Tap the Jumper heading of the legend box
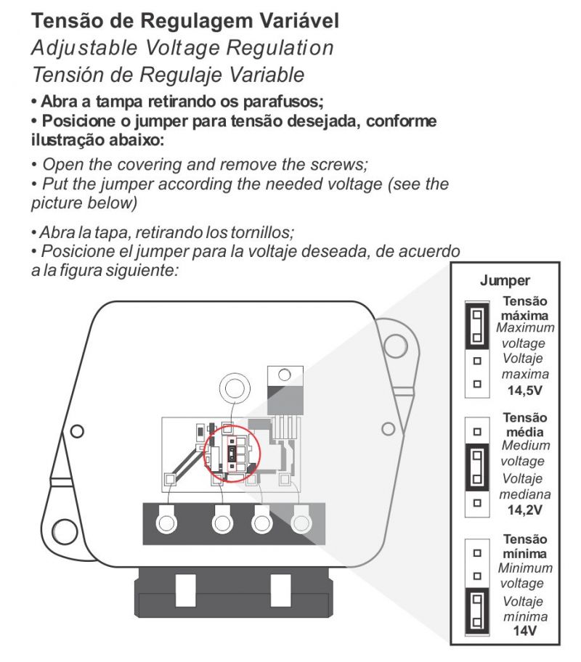click(505, 281)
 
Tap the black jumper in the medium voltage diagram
click(477, 467)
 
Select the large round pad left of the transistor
click(234, 388)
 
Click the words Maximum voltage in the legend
click(524, 335)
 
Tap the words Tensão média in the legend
click(524, 425)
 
